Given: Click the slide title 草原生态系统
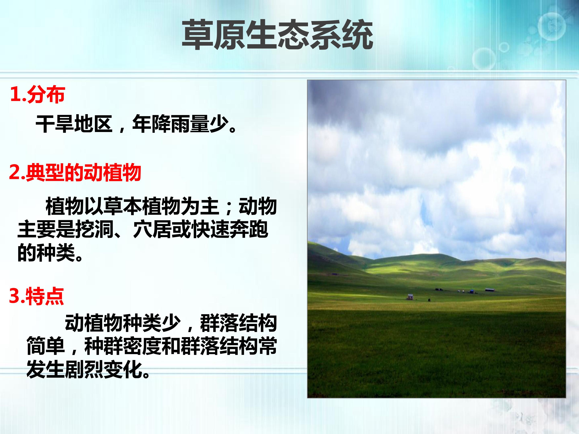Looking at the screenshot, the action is click(x=277, y=35).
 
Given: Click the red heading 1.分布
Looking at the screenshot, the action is click(x=37, y=94).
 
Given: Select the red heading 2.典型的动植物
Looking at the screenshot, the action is click(x=75, y=173).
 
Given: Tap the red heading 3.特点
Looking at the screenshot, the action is click(x=36, y=296).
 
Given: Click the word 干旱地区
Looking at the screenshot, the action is click(x=74, y=124).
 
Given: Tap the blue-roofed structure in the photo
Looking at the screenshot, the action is click(x=472, y=291).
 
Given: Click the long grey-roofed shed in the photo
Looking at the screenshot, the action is click(x=490, y=290).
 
